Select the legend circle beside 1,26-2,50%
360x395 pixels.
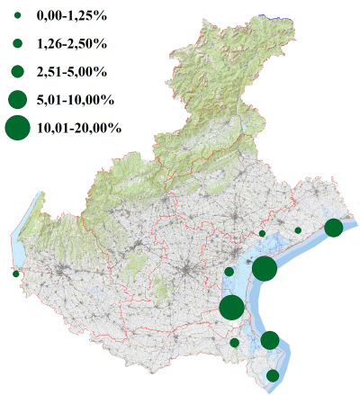tap(17, 42)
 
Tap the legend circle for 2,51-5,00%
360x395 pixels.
tap(17, 70)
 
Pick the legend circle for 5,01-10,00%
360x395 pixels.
tap(17, 98)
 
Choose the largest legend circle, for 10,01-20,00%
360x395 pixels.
tap(17, 128)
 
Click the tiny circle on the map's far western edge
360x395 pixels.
tap(15, 274)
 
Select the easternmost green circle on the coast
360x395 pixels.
tap(334, 228)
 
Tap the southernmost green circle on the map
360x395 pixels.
tap(273, 375)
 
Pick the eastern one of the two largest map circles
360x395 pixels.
tap(264, 268)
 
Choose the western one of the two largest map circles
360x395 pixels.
tap(231, 308)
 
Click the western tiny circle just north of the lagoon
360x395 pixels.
tap(262, 233)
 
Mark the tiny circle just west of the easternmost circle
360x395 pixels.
tap(298, 230)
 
